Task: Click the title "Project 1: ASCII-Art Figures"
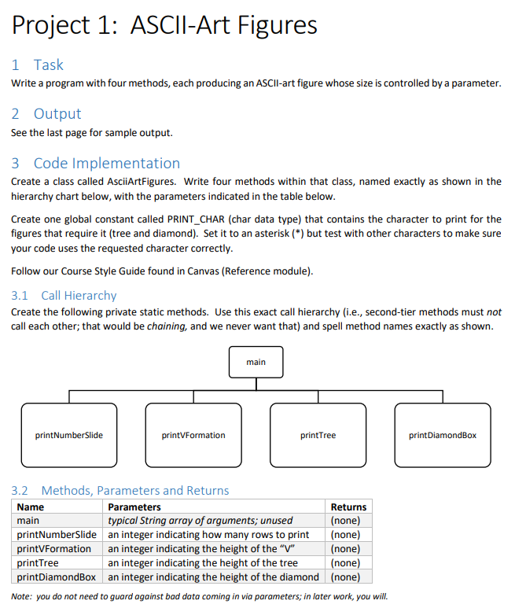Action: (164, 25)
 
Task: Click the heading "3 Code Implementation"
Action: (96, 164)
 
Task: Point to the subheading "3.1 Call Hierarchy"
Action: (64, 296)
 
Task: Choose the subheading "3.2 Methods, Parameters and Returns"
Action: (120, 491)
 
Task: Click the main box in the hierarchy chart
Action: (256, 362)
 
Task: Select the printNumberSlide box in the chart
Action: (69, 435)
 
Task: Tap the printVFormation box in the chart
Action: (193, 435)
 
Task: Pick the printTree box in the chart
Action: (318, 435)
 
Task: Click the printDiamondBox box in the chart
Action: (442, 435)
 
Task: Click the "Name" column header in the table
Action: (31, 507)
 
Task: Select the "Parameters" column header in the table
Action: (134, 507)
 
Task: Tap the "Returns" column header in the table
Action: (348, 507)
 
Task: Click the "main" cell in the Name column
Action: (28, 521)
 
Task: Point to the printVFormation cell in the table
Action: (54, 549)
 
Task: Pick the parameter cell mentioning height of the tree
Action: (203, 563)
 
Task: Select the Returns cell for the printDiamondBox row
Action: (346, 577)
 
